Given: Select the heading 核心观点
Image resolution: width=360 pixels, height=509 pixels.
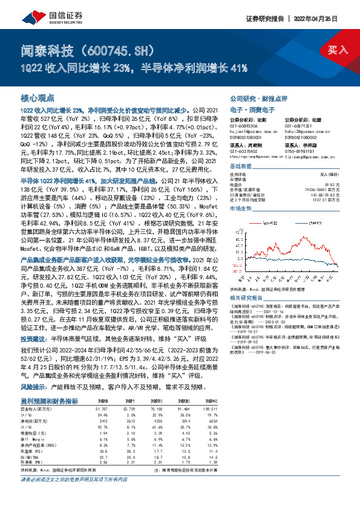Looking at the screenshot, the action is click(x=38, y=97).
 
